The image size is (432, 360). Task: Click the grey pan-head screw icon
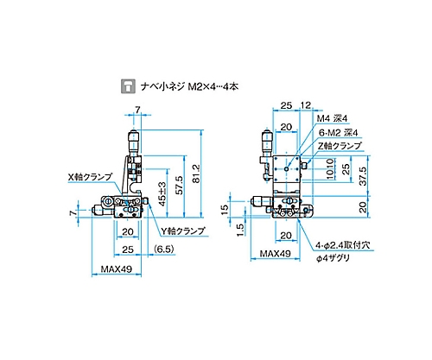point(128,85)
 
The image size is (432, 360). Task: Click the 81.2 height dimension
point(196,174)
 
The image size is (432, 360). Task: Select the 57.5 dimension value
point(179,185)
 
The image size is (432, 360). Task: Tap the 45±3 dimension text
point(162,193)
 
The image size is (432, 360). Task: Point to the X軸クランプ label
point(90,177)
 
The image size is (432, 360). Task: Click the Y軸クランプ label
point(183,231)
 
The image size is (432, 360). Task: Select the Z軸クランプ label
point(340,146)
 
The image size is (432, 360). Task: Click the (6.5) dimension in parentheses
point(164,249)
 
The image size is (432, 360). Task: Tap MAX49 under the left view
point(117,269)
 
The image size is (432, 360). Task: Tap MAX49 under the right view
point(276,254)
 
